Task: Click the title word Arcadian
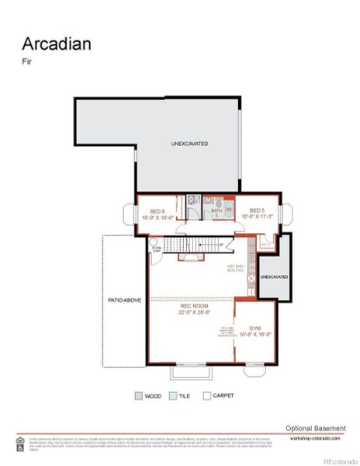coord(57,43)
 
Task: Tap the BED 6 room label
coord(157,214)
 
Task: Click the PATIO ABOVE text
coord(124,300)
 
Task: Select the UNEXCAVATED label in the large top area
coord(189,144)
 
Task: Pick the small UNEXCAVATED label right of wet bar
coord(273,276)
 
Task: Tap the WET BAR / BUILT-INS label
coord(238,269)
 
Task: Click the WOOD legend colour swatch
coord(138,395)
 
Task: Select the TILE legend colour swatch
coord(172,395)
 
